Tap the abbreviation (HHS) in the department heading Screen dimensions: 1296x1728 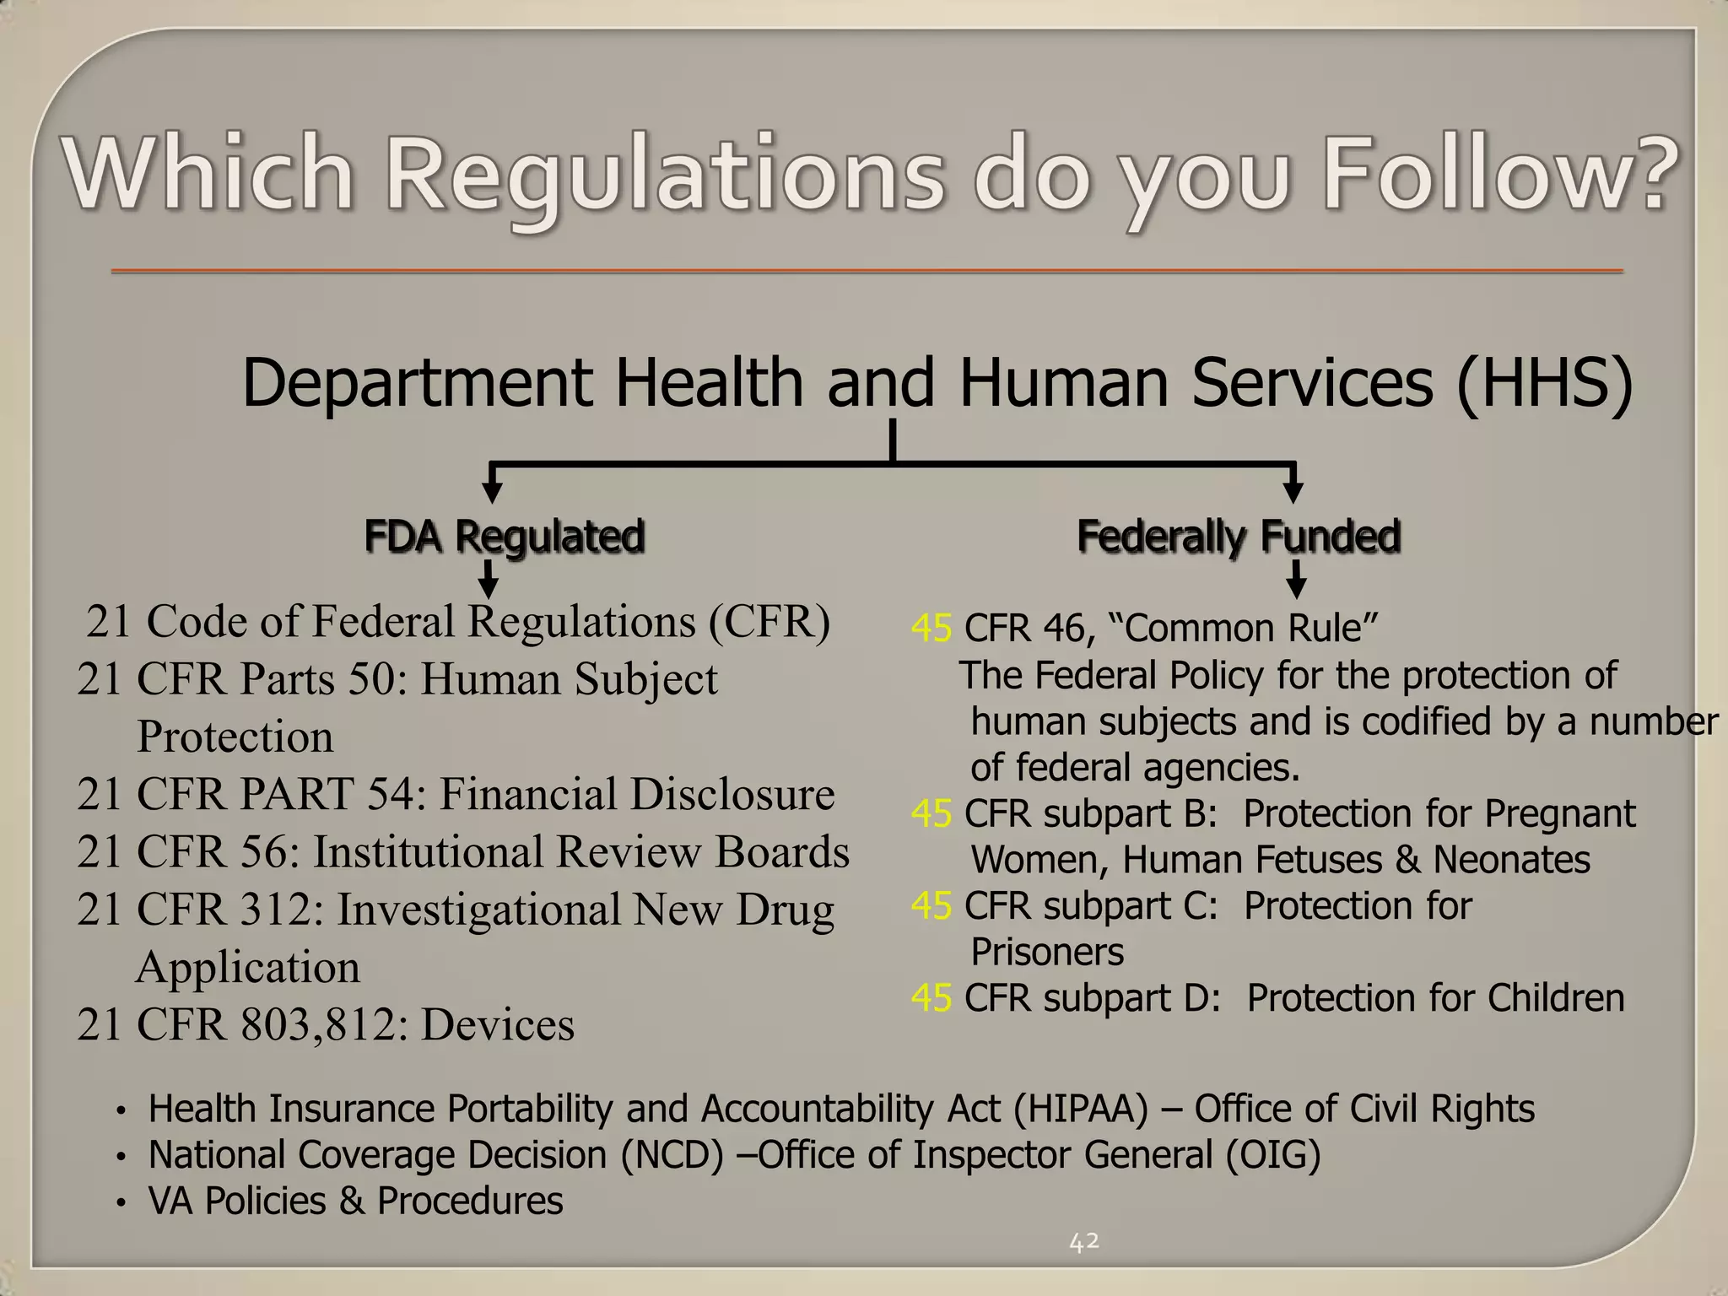pos(1546,382)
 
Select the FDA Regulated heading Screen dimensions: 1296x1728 pos(505,536)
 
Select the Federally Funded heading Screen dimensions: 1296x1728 pos(1239,536)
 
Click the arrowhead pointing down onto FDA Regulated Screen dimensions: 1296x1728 pos(492,492)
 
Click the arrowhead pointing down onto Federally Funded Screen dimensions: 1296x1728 pos(1293,492)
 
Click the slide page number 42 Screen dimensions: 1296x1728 pos(1084,1241)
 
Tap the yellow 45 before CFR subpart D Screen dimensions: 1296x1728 pos(931,998)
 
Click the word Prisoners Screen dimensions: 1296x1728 pos(1047,952)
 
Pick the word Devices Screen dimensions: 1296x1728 pos(498,1025)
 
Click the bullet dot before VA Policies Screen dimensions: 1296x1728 pos(121,1202)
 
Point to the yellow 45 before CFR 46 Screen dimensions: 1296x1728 pos(931,629)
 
